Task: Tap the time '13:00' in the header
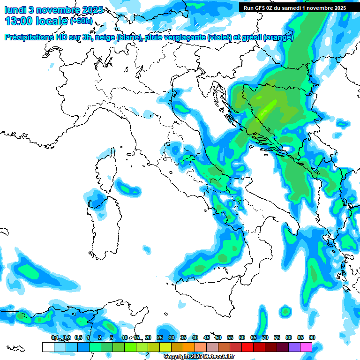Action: click(x=18, y=21)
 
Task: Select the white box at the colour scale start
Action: click(x=48, y=347)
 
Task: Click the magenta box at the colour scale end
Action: click(x=306, y=347)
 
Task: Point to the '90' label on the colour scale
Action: click(x=312, y=337)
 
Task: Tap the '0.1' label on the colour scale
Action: click(x=55, y=337)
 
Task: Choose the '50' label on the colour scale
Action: click(x=218, y=337)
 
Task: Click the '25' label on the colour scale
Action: click(x=160, y=337)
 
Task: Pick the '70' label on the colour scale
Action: click(x=265, y=337)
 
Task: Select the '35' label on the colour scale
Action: click(x=183, y=337)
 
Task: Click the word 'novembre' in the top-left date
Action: click(x=57, y=10)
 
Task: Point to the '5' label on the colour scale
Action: click(x=112, y=337)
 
